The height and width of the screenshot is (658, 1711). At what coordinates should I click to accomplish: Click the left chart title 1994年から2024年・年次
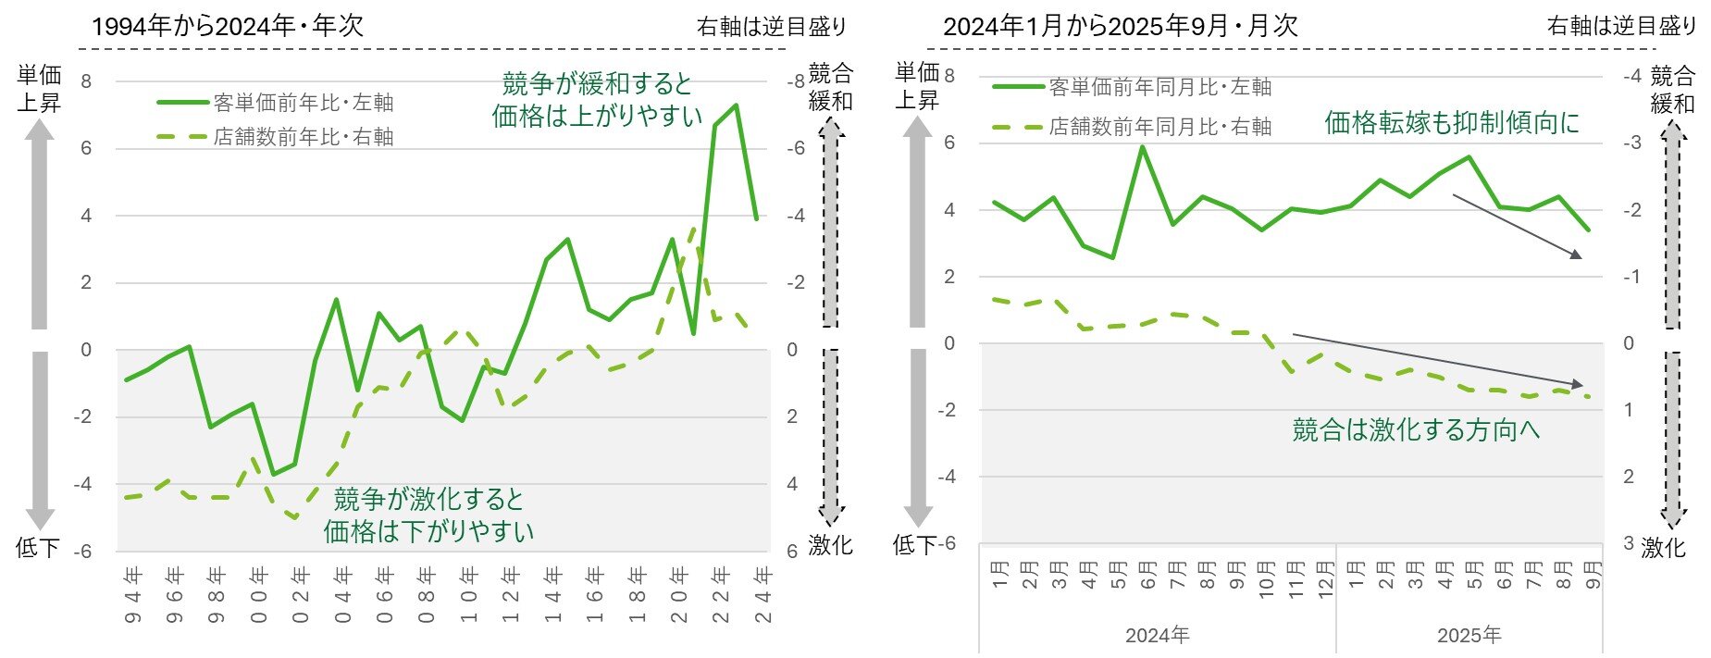tap(228, 25)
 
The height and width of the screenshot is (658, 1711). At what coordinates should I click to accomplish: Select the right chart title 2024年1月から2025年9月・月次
tap(1121, 25)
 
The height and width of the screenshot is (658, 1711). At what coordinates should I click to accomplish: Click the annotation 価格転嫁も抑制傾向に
tap(1452, 122)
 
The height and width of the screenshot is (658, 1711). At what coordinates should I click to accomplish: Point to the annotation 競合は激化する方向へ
tap(1416, 429)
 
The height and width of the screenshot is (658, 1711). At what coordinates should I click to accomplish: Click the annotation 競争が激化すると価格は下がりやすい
tap(428, 515)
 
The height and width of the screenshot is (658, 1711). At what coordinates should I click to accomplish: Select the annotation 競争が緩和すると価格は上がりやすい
tap(597, 99)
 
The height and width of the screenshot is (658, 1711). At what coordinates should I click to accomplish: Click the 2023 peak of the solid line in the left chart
tap(736, 106)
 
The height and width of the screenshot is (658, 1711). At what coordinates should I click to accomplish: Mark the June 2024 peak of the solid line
tap(1143, 146)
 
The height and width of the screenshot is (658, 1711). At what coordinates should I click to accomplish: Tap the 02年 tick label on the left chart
tap(300, 593)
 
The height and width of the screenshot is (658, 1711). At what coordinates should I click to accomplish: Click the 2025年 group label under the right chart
tap(1469, 636)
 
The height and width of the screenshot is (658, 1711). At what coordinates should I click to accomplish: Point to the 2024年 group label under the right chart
tap(1157, 636)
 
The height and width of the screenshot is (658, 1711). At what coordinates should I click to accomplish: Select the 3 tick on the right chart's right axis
tap(1628, 543)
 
